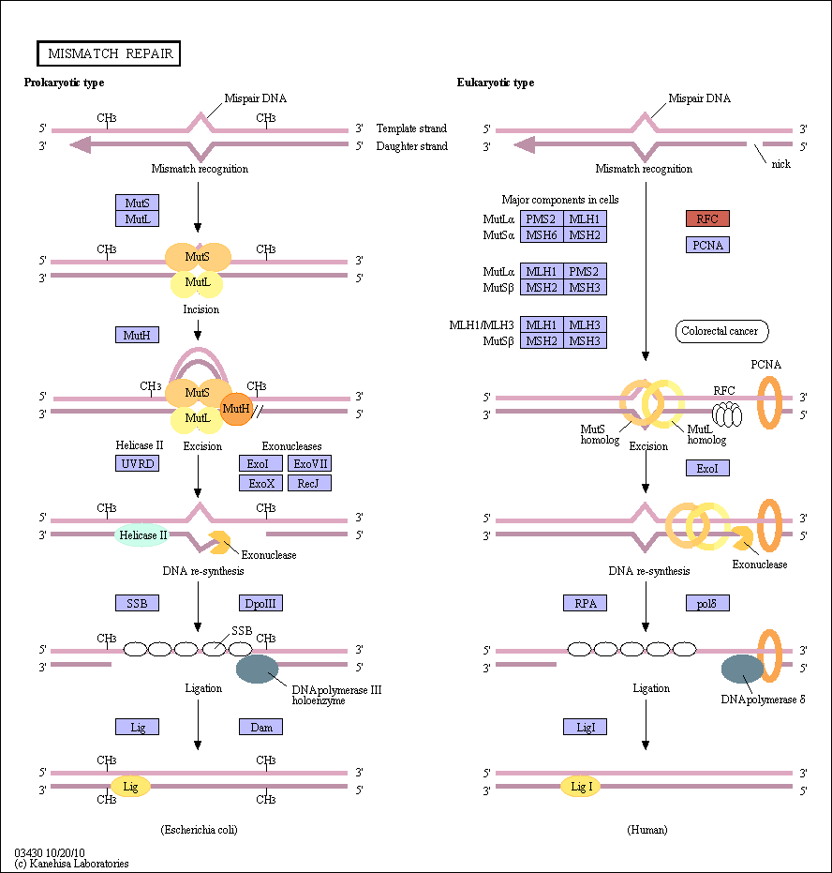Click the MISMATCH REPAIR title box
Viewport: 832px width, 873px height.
[109, 53]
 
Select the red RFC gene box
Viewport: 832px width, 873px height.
[707, 218]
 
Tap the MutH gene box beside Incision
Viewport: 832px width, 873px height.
[137, 335]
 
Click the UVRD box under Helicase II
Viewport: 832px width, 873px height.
[137, 464]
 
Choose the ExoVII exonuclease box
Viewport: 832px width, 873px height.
[310, 464]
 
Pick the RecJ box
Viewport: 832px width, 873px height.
[310, 483]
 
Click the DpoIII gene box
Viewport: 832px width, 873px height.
[260, 603]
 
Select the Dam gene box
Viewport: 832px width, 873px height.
[260, 727]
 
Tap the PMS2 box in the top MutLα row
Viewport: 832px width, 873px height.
[542, 218]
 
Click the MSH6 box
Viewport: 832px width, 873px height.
[542, 235]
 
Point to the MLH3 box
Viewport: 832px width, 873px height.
[585, 324]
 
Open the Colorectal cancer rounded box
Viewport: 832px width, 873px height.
[721, 331]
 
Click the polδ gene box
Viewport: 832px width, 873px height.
[707, 603]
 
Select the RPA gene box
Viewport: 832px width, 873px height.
[585, 603]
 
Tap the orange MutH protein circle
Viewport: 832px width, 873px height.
[236, 409]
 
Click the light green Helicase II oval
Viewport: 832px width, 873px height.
[141, 535]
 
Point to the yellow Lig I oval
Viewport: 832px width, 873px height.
[581, 787]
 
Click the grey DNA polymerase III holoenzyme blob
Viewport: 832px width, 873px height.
[257, 669]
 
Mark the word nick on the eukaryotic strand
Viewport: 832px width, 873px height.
[780, 164]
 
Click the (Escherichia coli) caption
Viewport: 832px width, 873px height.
[200, 830]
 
